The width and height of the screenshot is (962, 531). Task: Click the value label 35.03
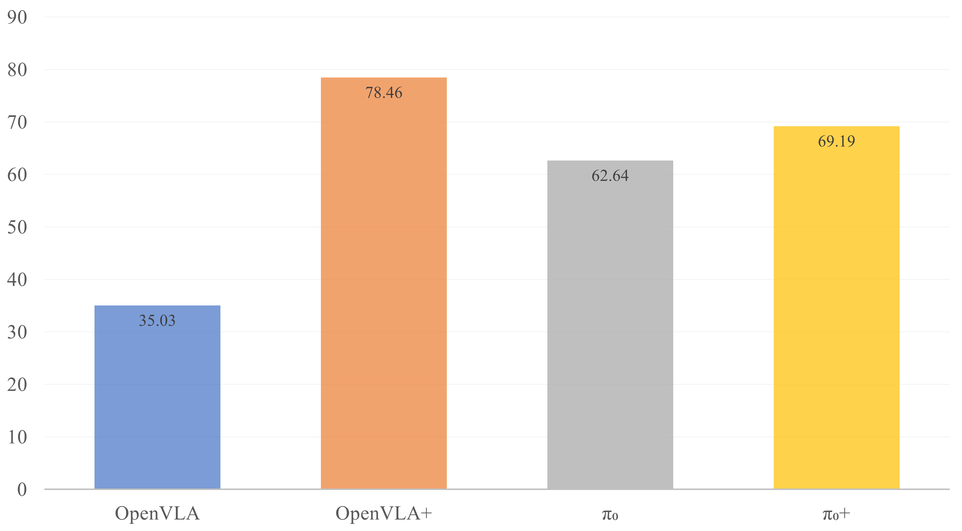[x=157, y=321]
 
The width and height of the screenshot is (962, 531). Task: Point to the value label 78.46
[x=384, y=93]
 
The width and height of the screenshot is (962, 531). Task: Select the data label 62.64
[x=610, y=176]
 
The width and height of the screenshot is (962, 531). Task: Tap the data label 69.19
[x=836, y=141]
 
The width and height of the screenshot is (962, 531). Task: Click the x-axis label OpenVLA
[x=157, y=513]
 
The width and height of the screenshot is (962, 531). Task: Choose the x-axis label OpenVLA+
[x=384, y=513]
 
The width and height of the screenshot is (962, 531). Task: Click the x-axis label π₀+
[x=836, y=514]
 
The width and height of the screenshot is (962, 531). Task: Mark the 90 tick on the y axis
[x=17, y=18]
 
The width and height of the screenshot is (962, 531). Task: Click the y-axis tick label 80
[x=17, y=70]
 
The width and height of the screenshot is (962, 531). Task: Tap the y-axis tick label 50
[x=17, y=227]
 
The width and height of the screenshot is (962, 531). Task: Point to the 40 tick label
[x=17, y=280]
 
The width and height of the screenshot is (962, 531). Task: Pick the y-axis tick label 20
[x=17, y=385]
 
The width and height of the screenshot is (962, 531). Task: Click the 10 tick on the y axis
[x=17, y=437]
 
